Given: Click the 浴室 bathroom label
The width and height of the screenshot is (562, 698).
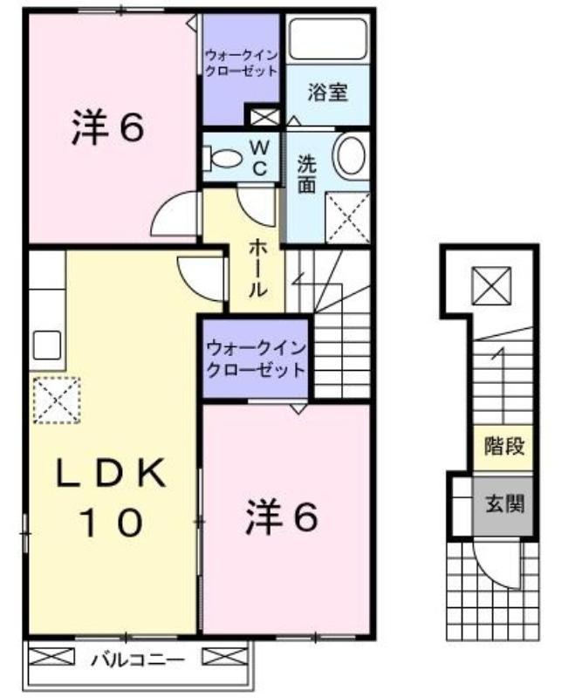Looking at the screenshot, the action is [327, 92].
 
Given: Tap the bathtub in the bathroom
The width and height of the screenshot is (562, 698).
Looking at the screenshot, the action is [328, 38].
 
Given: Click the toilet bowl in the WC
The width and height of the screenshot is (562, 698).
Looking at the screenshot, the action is [223, 159].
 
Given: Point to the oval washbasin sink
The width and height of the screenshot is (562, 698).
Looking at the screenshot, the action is [350, 156].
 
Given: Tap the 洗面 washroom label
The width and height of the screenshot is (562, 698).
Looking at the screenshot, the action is [307, 174].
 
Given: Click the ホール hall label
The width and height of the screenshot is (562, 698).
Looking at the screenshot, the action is [257, 268].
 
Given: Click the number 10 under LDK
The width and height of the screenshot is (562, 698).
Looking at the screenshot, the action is [111, 522].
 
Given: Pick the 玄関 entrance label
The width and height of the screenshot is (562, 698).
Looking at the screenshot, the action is [504, 504].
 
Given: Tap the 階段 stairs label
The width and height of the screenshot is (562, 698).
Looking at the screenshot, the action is [504, 446].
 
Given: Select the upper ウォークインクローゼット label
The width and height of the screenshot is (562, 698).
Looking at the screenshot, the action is [242, 64].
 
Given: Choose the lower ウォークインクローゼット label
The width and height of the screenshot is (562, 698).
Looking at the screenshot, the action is [256, 359].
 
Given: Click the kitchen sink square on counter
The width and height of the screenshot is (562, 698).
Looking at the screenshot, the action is [47, 346].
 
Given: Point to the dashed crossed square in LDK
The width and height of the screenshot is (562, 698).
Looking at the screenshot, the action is [57, 400].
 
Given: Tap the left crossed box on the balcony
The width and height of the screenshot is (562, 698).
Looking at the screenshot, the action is [51, 657].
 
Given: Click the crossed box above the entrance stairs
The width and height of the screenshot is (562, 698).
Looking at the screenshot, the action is [491, 286].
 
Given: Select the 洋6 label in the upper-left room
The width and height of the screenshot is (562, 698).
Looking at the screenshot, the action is [107, 127].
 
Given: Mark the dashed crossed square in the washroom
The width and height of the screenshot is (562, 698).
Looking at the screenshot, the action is [348, 217].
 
